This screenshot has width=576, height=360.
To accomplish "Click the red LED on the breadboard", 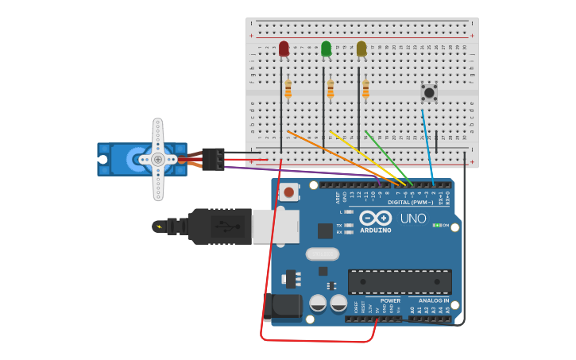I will point(284,49).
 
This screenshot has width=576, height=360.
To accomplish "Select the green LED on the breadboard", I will point(326,49).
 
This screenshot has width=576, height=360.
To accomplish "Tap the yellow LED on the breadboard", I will point(361,49).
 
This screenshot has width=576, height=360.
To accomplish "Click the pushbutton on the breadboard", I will point(429,92).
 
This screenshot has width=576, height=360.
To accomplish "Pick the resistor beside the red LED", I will point(288,89).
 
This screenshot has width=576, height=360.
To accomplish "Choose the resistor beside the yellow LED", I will point(365,89).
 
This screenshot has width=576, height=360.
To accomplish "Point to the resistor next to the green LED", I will point(330,89).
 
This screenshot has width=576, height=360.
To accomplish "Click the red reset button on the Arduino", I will point(289,192).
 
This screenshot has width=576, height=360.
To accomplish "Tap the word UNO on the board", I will point(413,219).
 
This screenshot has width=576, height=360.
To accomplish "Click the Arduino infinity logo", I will point(375,218).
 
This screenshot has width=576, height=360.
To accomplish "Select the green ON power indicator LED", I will point(436,225).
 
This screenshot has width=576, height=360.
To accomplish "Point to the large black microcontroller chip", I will point(400,281).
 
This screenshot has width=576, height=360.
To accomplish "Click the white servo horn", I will point(158,159).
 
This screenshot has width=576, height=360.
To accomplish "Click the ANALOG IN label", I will point(434,301).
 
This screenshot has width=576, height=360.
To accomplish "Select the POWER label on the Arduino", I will point(390,301).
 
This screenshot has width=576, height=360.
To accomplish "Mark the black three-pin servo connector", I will point(213,159).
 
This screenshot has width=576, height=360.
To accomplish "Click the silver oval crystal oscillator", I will point(323,254).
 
